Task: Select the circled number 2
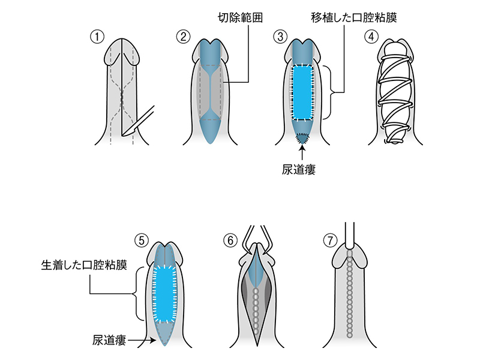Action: click(x=183, y=35)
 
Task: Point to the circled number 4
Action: click(x=372, y=35)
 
